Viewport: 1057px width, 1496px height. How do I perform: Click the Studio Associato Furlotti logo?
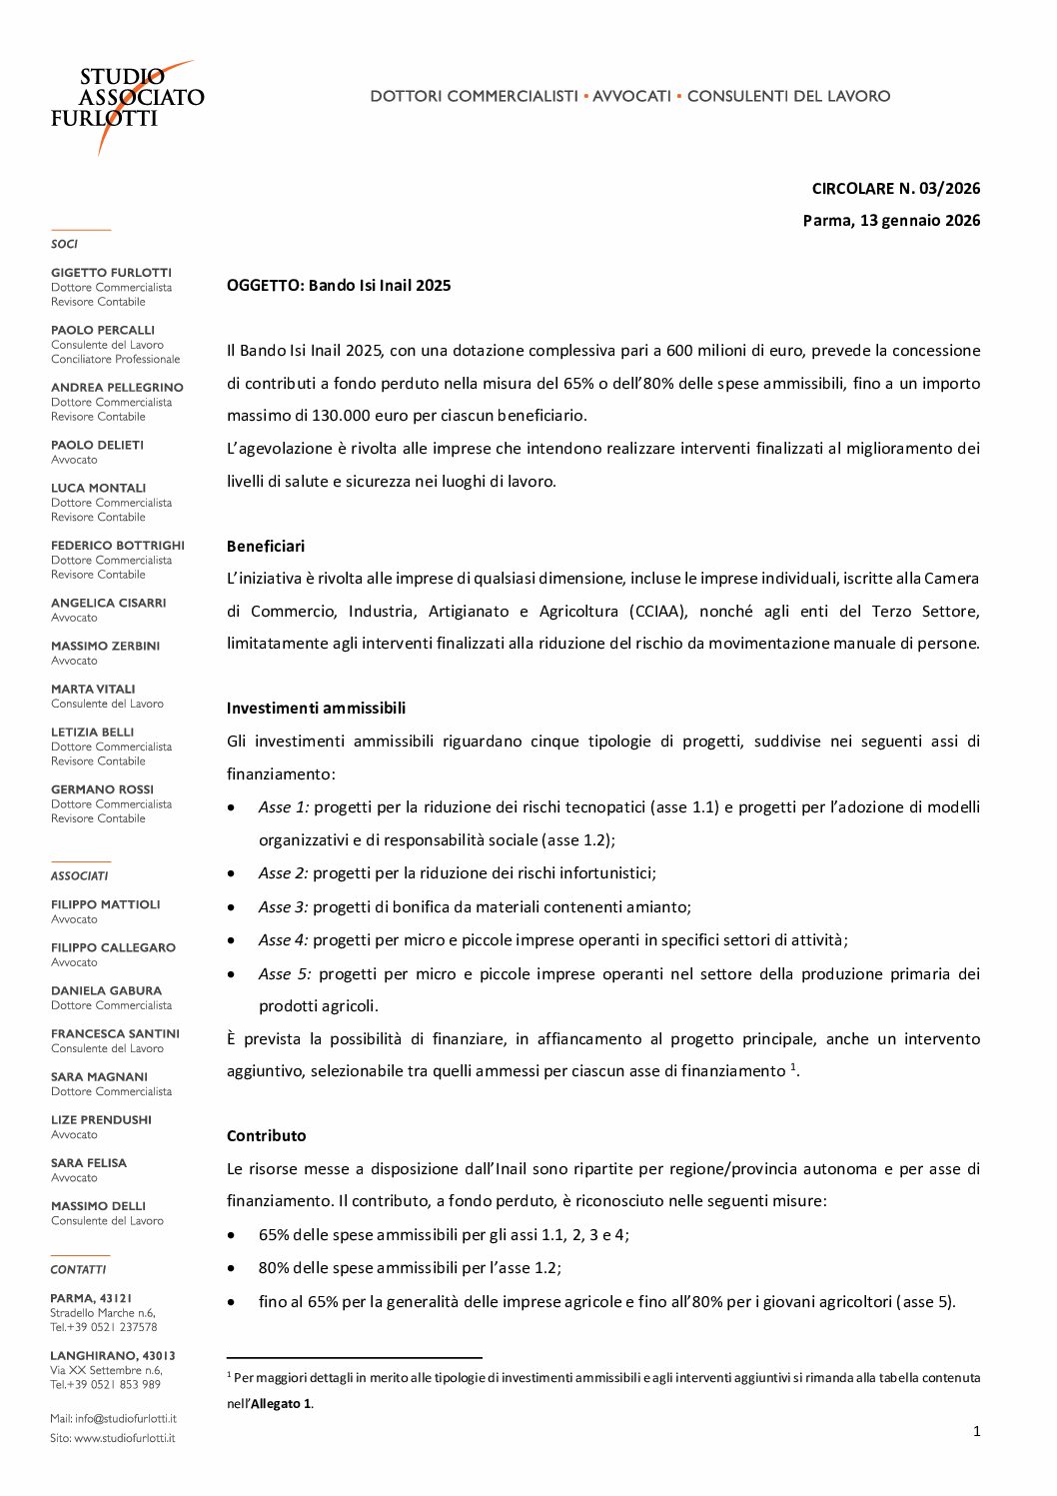click(127, 100)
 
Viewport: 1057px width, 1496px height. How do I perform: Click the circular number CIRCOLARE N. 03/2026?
click(895, 188)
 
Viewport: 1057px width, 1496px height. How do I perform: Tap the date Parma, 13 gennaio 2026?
click(891, 220)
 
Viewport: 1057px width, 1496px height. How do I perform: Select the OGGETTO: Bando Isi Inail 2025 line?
click(339, 285)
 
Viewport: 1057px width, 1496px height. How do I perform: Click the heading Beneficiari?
click(266, 546)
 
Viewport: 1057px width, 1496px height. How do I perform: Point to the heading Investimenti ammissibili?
click(316, 708)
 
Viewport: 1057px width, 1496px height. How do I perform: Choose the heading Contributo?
click(267, 1135)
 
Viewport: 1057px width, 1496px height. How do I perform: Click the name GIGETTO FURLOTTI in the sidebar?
click(111, 272)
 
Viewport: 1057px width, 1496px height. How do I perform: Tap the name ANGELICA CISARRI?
click(108, 603)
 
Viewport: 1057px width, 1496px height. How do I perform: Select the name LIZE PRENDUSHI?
click(101, 1119)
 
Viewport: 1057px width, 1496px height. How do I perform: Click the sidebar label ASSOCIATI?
click(79, 875)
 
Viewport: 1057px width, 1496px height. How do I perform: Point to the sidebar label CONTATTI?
click(78, 1269)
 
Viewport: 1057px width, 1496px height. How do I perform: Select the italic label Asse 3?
click(283, 906)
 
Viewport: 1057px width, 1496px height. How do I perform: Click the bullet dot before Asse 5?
click(232, 973)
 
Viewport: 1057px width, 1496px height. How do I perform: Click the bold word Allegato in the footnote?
click(274, 1403)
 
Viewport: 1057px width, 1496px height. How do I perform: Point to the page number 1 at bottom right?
click(976, 1431)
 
